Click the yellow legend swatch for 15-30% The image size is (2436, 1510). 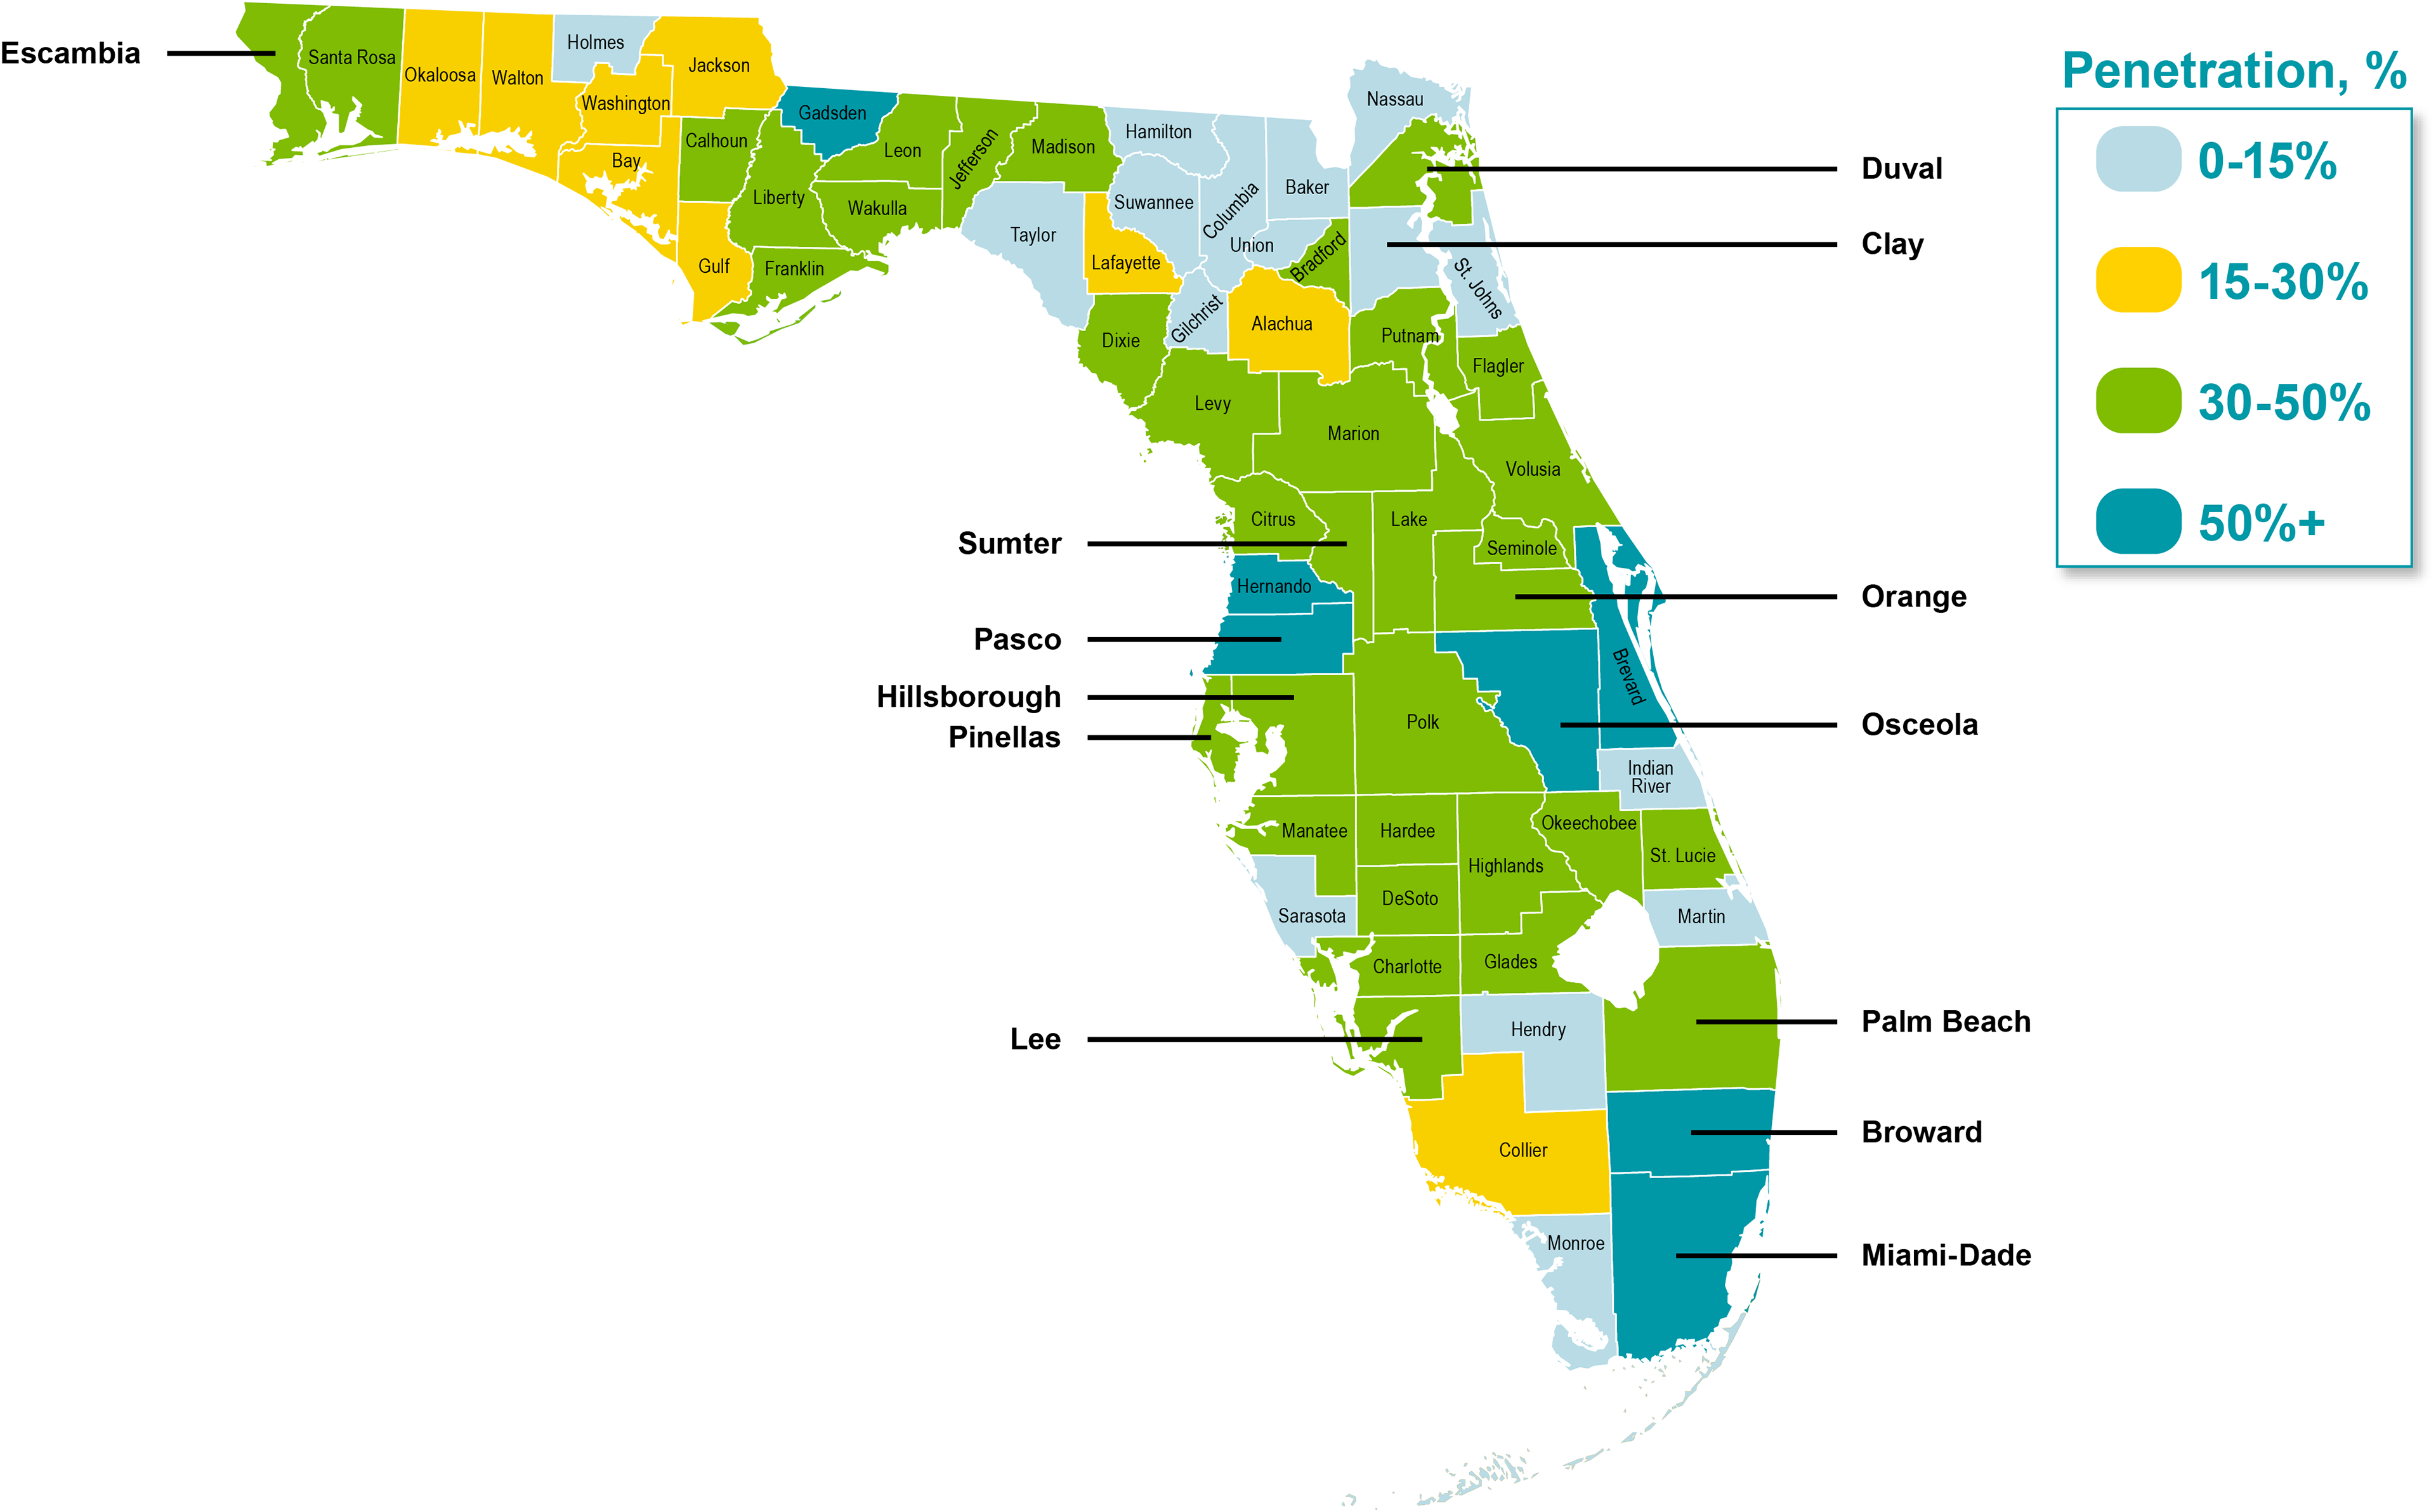click(2137, 280)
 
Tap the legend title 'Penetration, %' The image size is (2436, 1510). click(2234, 71)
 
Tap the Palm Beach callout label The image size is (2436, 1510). click(1946, 1021)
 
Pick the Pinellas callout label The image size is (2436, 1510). click(1004, 737)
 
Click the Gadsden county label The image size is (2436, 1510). click(832, 113)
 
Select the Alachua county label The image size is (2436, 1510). click(1282, 324)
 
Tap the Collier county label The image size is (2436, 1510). click(1522, 1150)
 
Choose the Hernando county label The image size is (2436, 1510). click(1274, 586)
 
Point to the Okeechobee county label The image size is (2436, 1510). click(1588, 823)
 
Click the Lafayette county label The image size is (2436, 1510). click(1125, 263)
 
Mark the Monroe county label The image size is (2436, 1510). click(1575, 1244)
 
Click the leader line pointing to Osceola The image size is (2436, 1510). click(1697, 724)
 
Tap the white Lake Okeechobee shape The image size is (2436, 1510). click(1608, 949)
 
